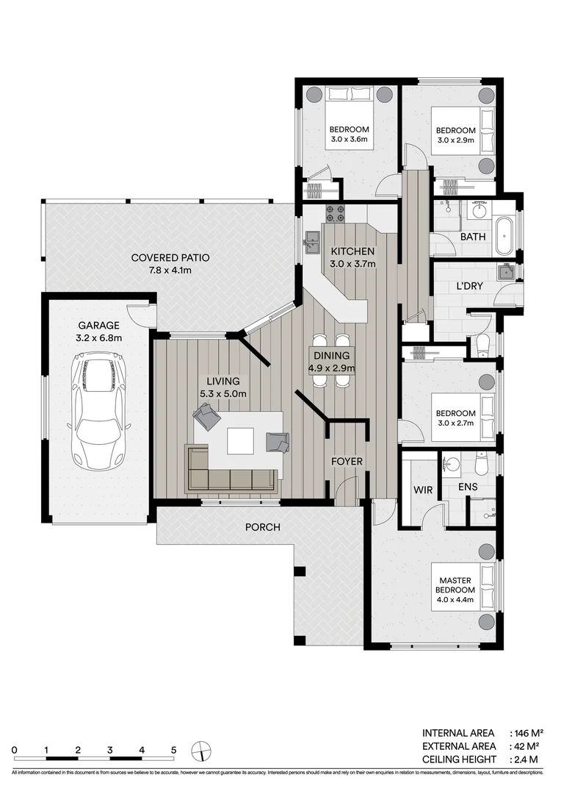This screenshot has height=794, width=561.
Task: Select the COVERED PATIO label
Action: (x=170, y=258)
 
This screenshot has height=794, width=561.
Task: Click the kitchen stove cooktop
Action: (x=336, y=212)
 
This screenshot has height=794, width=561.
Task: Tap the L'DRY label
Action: (x=469, y=286)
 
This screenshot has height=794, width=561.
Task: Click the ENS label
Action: (x=469, y=487)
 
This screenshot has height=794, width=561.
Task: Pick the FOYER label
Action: (x=347, y=461)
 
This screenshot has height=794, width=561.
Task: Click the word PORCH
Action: (x=264, y=526)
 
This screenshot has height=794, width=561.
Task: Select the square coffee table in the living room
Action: (x=242, y=440)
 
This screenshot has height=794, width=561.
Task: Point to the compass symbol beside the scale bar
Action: (x=200, y=750)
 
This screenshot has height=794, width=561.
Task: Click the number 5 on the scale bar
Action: (x=173, y=750)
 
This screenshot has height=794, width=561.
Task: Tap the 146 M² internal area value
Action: (x=526, y=733)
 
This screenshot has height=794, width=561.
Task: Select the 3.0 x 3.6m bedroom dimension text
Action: (x=350, y=139)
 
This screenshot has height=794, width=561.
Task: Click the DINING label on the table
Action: (x=333, y=355)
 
